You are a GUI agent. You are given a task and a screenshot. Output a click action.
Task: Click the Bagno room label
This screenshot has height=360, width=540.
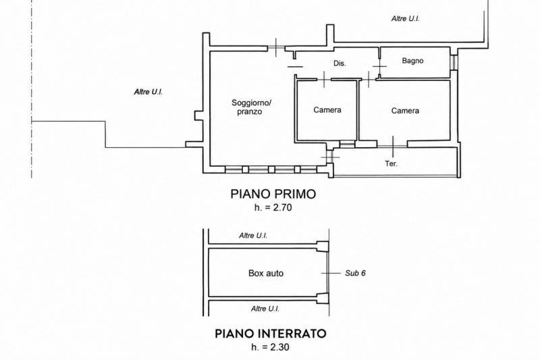(412, 61)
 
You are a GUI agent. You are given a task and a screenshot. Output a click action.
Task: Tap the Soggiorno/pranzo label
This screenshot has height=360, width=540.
(251, 107)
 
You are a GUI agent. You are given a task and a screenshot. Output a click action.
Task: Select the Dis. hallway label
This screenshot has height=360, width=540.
(340, 63)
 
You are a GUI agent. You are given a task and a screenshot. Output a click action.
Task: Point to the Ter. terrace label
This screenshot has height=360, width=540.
(391, 163)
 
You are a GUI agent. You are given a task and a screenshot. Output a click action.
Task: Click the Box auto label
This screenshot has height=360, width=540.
(266, 273)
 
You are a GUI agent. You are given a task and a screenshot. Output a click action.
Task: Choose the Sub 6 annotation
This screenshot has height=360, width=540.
(356, 273)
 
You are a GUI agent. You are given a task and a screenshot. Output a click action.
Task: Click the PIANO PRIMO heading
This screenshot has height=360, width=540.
(273, 194)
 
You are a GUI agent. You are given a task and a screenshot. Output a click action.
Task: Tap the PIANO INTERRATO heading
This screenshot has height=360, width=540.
(271, 334)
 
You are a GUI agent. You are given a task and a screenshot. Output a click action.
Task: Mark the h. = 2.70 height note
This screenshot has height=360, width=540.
(273, 207)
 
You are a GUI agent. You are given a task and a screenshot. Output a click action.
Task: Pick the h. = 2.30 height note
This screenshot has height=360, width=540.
(271, 347)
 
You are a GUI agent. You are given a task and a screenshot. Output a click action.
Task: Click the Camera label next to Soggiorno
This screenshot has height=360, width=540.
(327, 110)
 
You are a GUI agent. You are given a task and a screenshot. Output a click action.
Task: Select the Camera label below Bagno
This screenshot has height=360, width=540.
(405, 111)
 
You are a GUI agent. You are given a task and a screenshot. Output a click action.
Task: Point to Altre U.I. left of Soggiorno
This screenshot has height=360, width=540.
(148, 92)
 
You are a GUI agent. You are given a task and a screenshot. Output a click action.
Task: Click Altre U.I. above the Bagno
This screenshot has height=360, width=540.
(406, 19)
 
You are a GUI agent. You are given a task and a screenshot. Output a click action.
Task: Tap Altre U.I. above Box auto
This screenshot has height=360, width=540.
(253, 236)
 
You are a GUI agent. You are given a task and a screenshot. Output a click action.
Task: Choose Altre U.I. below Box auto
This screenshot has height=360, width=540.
(265, 309)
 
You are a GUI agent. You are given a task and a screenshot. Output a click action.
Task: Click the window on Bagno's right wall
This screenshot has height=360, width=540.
(454, 62)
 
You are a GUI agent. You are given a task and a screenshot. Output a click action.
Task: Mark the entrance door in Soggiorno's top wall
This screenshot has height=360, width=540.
(276, 48)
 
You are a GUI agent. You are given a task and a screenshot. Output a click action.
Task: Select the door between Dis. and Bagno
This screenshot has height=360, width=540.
(379, 67)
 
